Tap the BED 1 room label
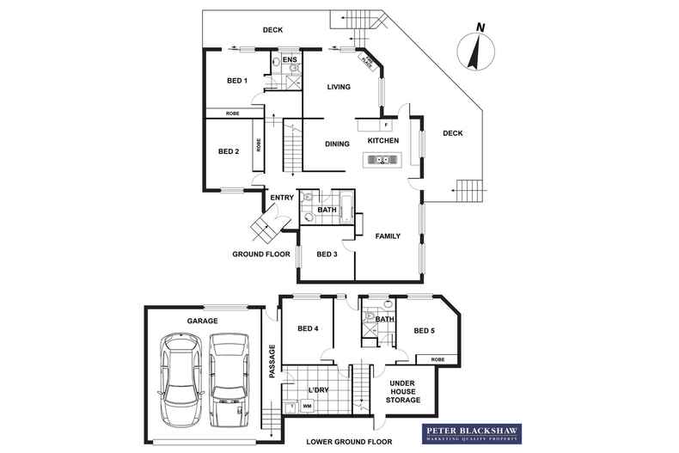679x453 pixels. pyautogui.click(x=237, y=81)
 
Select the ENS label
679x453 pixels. pyautogui.click(x=290, y=60)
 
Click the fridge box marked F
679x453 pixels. pyautogui.click(x=397, y=125)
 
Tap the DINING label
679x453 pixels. pyautogui.click(x=337, y=144)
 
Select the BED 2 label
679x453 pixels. pyautogui.click(x=228, y=151)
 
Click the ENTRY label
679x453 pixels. pyautogui.click(x=282, y=199)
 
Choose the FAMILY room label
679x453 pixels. pyautogui.click(x=388, y=236)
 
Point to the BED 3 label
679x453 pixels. pyautogui.click(x=327, y=254)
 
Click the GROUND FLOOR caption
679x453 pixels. pyautogui.click(x=261, y=254)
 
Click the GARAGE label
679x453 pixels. pyautogui.click(x=203, y=321)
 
